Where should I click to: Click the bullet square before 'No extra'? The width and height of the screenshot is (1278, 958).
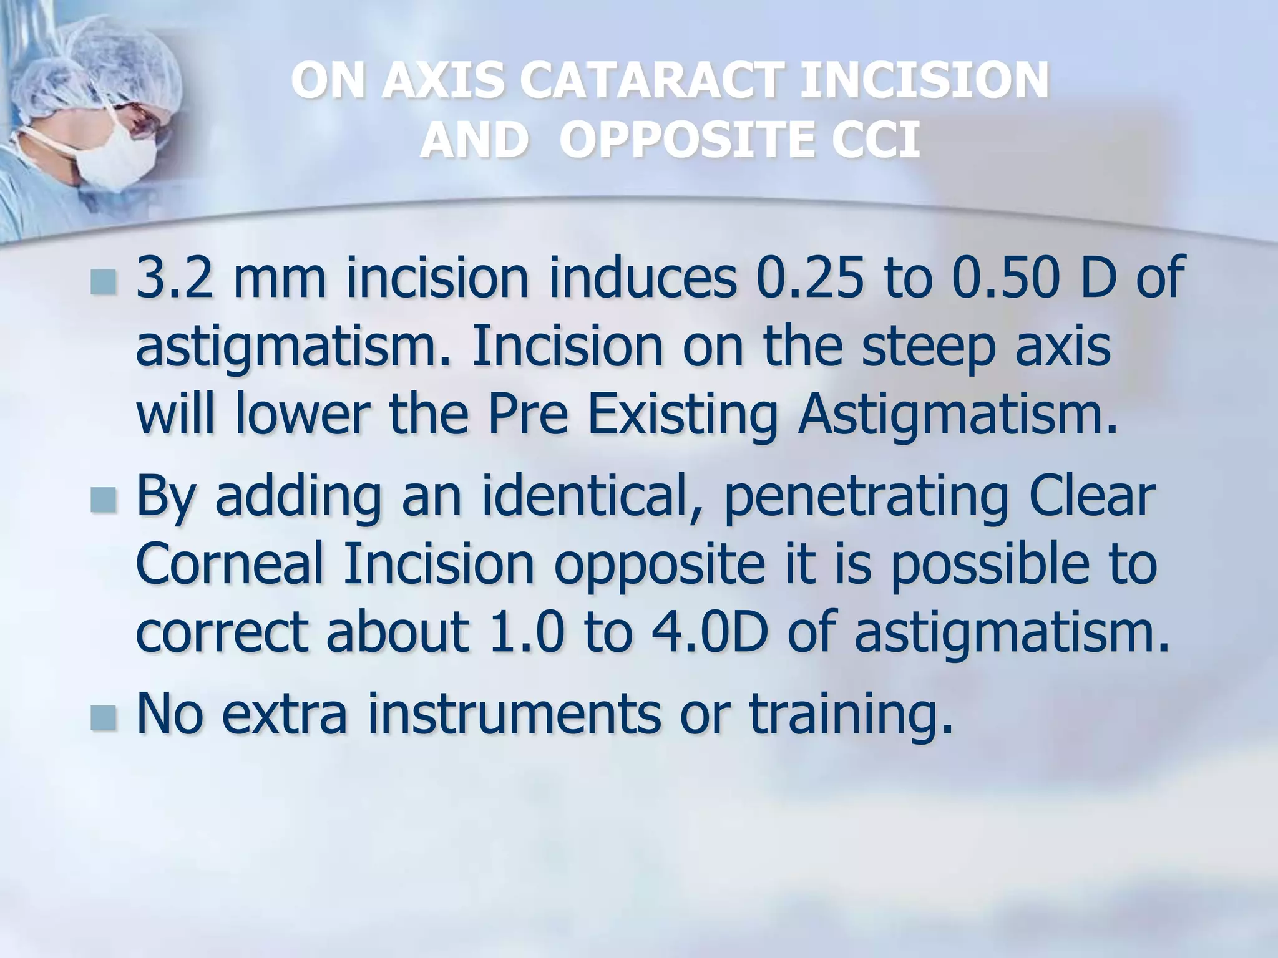coord(103,718)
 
